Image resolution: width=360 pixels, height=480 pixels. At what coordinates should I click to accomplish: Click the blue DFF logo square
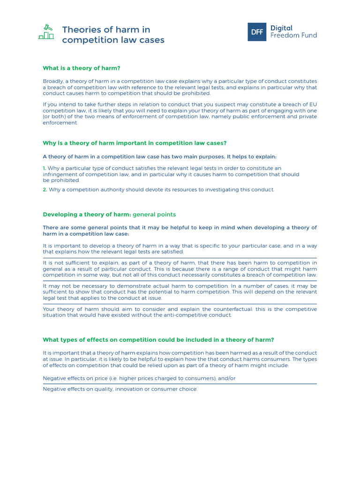[x=257, y=32]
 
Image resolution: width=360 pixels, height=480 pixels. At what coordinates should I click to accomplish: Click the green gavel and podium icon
[x=46, y=31]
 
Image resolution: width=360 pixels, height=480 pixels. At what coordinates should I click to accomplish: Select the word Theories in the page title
[x=80, y=30]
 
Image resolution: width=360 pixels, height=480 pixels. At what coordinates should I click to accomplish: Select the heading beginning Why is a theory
[x=135, y=143]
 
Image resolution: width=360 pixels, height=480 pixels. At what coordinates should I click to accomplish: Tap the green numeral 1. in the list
[x=45, y=168]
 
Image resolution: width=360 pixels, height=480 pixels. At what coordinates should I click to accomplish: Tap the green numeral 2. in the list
[x=45, y=189]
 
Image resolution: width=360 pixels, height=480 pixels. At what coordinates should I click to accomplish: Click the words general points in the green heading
[x=154, y=214]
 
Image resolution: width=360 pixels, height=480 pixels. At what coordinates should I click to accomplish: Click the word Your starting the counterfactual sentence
[x=49, y=309]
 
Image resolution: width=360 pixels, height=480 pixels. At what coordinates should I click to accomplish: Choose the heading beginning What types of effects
[x=158, y=340]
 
